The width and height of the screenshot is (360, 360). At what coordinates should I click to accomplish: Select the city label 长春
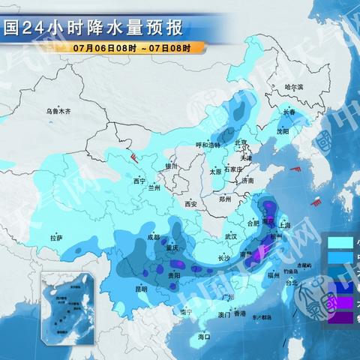pyautogui.click(x=289, y=112)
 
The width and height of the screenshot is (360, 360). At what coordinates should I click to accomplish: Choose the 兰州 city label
pyautogui.click(x=155, y=187)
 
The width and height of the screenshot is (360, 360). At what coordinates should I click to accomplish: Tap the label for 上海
pyautogui.click(x=284, y=224)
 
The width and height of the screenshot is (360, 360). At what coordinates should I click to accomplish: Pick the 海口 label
pyautogui.click(x=203, y=337)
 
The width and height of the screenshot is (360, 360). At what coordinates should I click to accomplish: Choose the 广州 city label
pyautogui.click(x=229, y=298)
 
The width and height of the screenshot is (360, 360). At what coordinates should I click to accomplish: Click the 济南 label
pyautogui.click(x=248, y=181)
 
